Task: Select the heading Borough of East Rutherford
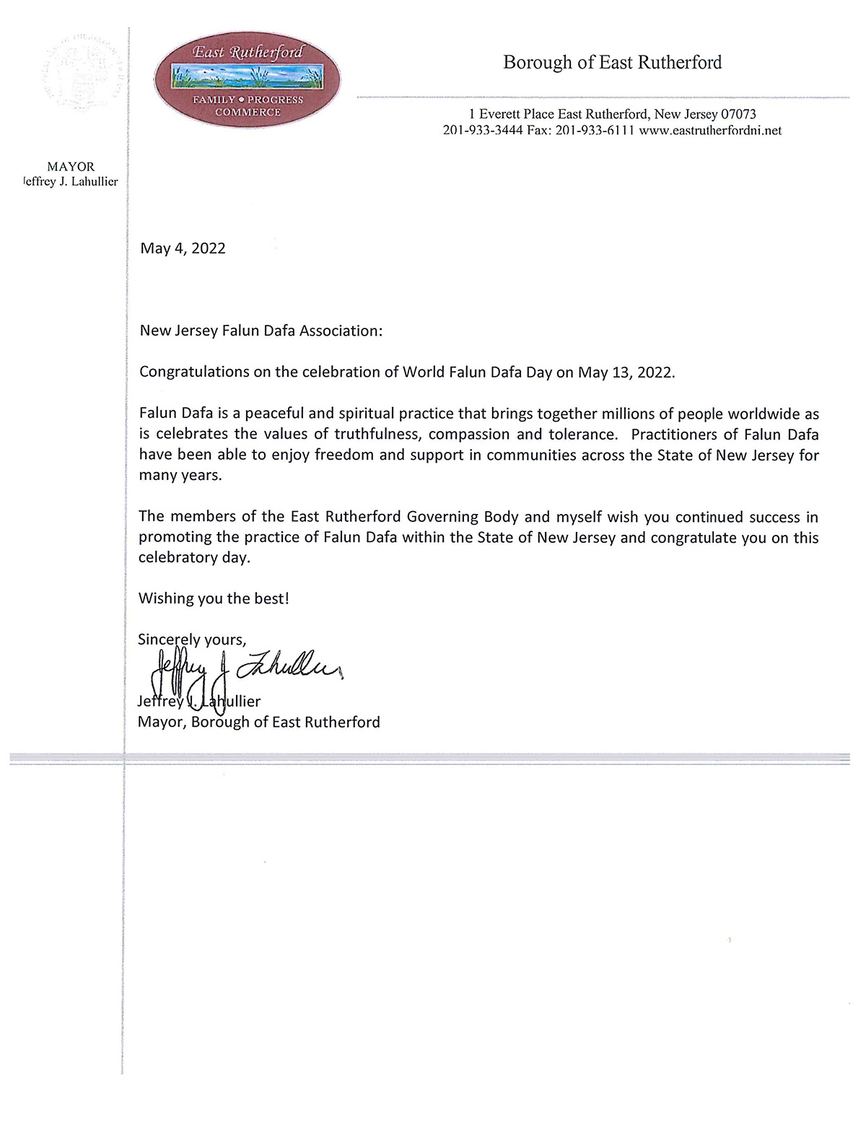coord(612,63)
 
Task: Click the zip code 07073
coord(733,114)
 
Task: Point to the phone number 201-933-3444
coord(482,131)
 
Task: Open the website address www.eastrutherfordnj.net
coord(710,131)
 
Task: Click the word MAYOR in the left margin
coord(71,167)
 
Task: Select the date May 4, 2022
coord(183,248)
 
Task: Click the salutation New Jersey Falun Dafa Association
coord(260,331)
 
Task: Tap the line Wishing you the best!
coord(214,598)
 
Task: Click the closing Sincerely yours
coord(192,640)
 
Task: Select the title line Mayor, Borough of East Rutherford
coord(258,722)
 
